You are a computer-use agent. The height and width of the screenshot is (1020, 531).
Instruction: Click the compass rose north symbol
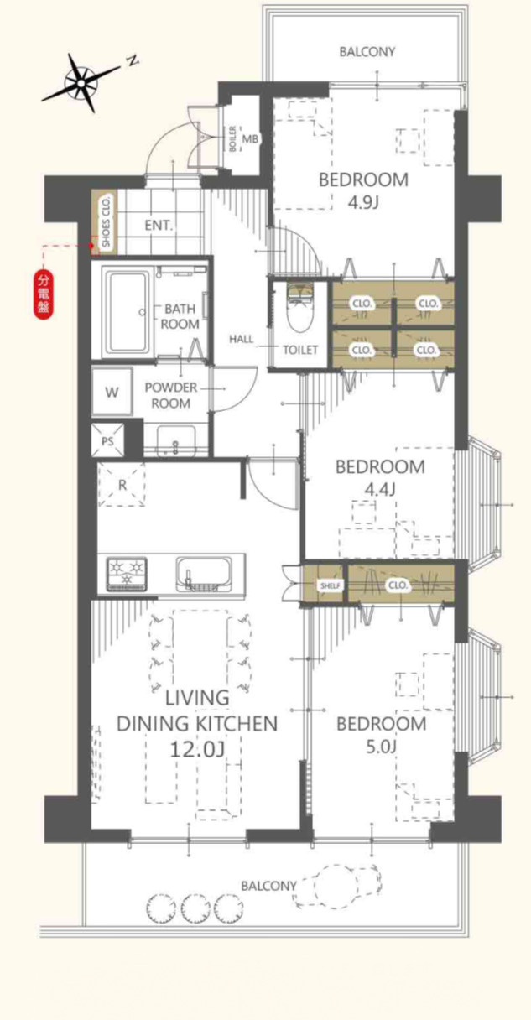click(82, 83)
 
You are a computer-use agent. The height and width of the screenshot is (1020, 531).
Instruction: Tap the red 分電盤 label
click(44, 295)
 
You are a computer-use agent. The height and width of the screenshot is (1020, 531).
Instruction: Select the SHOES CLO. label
click(106, 221)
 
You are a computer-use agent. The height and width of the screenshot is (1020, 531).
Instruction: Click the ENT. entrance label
click(159, 226)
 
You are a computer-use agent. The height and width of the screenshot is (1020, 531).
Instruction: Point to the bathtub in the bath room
click(126, 313)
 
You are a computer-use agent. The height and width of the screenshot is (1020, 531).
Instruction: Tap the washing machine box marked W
click(112, 392)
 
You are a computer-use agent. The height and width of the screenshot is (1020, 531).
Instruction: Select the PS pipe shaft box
click(107, 440)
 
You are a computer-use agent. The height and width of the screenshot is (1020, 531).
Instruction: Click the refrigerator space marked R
click(122, 485)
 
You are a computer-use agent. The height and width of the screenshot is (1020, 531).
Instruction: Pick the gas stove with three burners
click(127, 575)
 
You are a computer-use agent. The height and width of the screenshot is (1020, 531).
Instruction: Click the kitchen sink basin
click(203, 575)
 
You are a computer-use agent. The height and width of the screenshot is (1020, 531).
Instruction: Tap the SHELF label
click(330, 585)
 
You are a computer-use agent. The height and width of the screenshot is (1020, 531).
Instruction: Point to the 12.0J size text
click(197, 749)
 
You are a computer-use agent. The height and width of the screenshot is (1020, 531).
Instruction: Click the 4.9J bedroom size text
click(363, 201)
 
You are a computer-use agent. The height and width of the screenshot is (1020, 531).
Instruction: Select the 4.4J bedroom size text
click(379, 489)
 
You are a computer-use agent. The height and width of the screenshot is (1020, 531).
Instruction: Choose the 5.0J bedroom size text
click(381, 747)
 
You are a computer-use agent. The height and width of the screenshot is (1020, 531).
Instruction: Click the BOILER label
click(232, 138)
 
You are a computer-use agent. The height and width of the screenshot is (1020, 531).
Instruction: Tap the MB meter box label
click(249, 138)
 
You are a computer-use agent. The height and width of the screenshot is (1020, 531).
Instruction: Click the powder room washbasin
click(176, 440)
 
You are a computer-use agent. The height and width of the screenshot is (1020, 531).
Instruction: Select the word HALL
click(241, 339)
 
